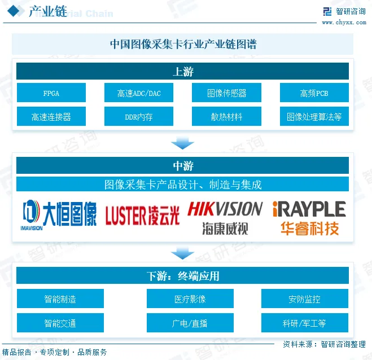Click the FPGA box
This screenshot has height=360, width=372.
(x=51, y=93)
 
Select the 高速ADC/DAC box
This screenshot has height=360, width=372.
(x=139, y=93)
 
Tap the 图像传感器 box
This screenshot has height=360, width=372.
(x=226, y=93)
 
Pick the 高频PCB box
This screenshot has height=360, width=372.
(x=314, y=93)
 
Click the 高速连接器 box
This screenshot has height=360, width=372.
(x=51, y=117)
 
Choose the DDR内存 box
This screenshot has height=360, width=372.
(x=139, y=117)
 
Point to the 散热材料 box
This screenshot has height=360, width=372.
(x=226, y=117)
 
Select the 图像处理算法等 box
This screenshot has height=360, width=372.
(x=314, y=117)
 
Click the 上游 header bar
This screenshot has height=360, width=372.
(x=182, y=71)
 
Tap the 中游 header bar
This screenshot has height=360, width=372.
(x=182, y=165)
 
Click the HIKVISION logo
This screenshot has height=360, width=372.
(x=225, y=217)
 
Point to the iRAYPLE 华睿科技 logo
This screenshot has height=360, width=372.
(x=309, y=217)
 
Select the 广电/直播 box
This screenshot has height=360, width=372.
(x=190, y=323)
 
